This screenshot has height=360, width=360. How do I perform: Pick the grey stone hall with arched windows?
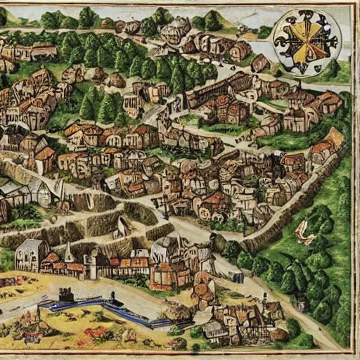pyautogui.click(x=32, y=255)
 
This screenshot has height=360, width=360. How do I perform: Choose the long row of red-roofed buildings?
pyautogui.click(x=120, y=266)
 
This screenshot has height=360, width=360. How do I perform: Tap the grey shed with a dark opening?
pyautogui.click(x=18, y=193)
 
